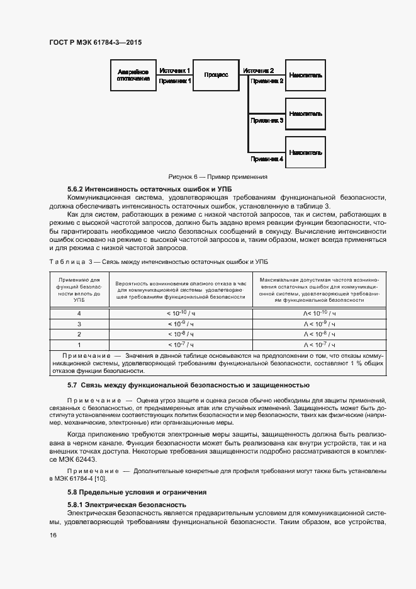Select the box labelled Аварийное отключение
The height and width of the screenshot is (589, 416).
tap(133, 76)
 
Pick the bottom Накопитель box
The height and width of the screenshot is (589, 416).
tap(306, 152)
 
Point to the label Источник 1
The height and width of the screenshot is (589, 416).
tap(174, 71)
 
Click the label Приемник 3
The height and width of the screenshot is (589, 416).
tap(267, 119)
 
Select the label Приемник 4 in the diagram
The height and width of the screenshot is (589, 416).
tap(267, 159)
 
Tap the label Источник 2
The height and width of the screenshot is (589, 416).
tap(258, 71)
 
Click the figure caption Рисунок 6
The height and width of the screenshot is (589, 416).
tap(218, 177)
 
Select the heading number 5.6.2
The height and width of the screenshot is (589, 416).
tap(79, 189)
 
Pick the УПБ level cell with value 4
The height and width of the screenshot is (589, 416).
tap(79, 313)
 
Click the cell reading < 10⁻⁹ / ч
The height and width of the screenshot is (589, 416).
tap(180, 323)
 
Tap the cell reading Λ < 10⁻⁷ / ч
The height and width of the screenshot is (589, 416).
tap(319, 345)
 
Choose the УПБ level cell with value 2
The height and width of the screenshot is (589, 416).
tap(79, 334)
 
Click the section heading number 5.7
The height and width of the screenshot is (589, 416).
tap(72, 385)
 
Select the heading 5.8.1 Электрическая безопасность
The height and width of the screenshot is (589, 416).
tap(126, 505)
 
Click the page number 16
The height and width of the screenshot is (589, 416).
tap(53, 535)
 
